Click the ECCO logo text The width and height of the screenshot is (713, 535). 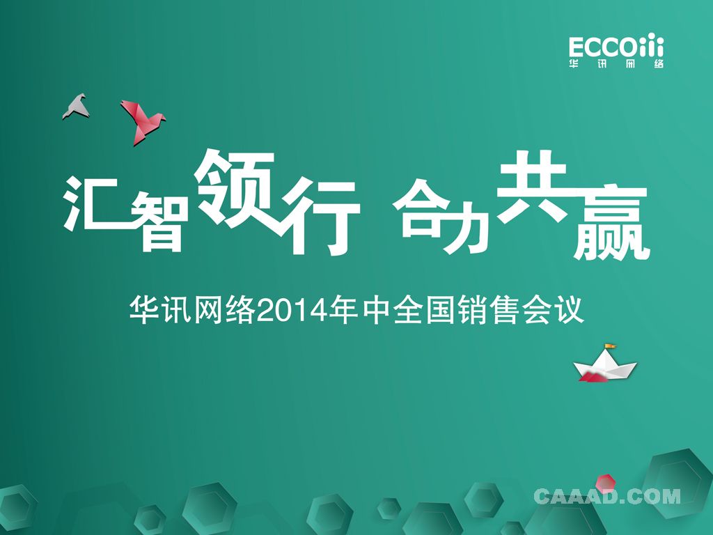[616, 46]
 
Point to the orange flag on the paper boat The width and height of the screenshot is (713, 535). [610, 347]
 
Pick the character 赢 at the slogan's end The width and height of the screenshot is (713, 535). [611, 222]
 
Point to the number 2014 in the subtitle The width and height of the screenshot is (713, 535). [292, 311]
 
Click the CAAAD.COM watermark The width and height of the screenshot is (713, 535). [607, 497]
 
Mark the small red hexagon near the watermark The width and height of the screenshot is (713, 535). [606, 483]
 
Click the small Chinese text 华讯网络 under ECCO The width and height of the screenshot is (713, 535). [616, 64]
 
